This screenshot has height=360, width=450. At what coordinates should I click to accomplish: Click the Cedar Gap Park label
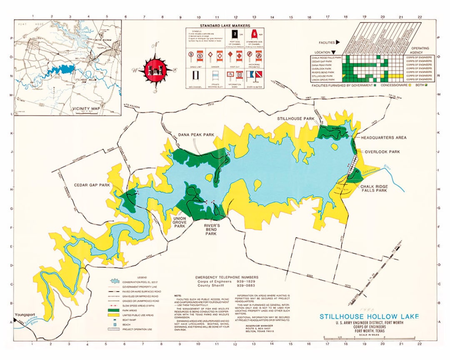(x=92, y=185)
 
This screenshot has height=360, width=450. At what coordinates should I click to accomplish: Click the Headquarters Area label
(x=383, y=137)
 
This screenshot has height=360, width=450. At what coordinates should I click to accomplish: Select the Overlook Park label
(x=382, y=152)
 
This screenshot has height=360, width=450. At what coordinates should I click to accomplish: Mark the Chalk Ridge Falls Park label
(x=374, y=188)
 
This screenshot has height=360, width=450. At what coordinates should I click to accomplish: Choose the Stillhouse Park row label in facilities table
(x=322, y=75)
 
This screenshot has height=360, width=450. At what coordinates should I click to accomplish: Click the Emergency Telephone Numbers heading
(x=227, y=277)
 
